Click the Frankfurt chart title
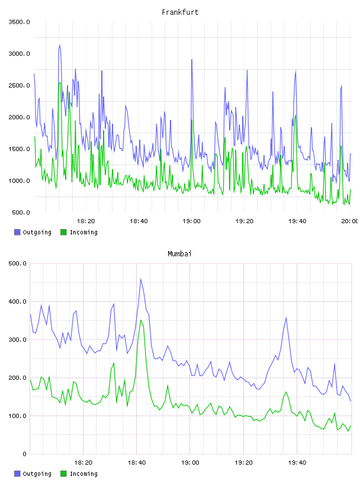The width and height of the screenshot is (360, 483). [x=180, y=12]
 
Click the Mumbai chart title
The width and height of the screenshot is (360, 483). [x=179, y=254]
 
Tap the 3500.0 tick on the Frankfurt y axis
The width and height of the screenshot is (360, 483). [x=20, y=22]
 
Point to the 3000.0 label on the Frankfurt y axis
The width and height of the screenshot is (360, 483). [x=20, y=54]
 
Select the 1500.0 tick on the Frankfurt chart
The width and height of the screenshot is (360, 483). [x=20, y=149]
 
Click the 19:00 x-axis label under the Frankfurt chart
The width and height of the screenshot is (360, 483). [x=191, y=221]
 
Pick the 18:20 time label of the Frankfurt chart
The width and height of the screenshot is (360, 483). [x=86, y=221]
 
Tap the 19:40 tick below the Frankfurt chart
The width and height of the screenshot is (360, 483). [x=297, y=221]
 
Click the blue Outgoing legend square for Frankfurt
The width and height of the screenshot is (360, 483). [x=17, y=232]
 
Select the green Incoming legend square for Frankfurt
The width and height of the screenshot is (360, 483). [x=63, y=232]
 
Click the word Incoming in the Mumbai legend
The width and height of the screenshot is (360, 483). [x=83, y=474]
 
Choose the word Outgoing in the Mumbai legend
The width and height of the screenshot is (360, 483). [x=37, y=474]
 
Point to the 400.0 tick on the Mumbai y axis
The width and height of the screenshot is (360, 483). [x=18, y=301]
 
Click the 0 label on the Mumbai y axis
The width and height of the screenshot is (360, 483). [x=25, y=454]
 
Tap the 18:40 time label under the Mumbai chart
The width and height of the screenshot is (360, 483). [x=137, y=463]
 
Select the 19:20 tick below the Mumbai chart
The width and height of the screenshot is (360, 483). [x=243, y=463]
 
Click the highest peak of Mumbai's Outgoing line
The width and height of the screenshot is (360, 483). [x=141, y=279]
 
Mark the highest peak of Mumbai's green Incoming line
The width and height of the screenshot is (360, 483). [x=141, y=320]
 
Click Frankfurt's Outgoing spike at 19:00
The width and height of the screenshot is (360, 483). [x=192, y=60]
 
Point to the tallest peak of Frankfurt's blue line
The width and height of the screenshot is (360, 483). [x=59, y=45]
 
